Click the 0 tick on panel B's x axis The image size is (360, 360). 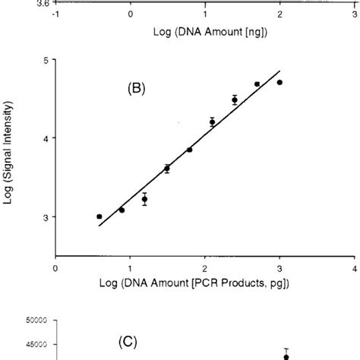click(x=55, y=267)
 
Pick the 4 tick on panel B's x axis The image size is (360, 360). click(x=355, y=267)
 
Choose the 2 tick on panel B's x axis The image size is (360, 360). click(x=205, y=267)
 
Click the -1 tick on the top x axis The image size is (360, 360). click(x=55, y=14)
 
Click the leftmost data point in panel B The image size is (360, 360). click(x=99, y=216)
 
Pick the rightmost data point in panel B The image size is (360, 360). click(x=279, y=82)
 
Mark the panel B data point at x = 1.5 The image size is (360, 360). click(x=167, y=169)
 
